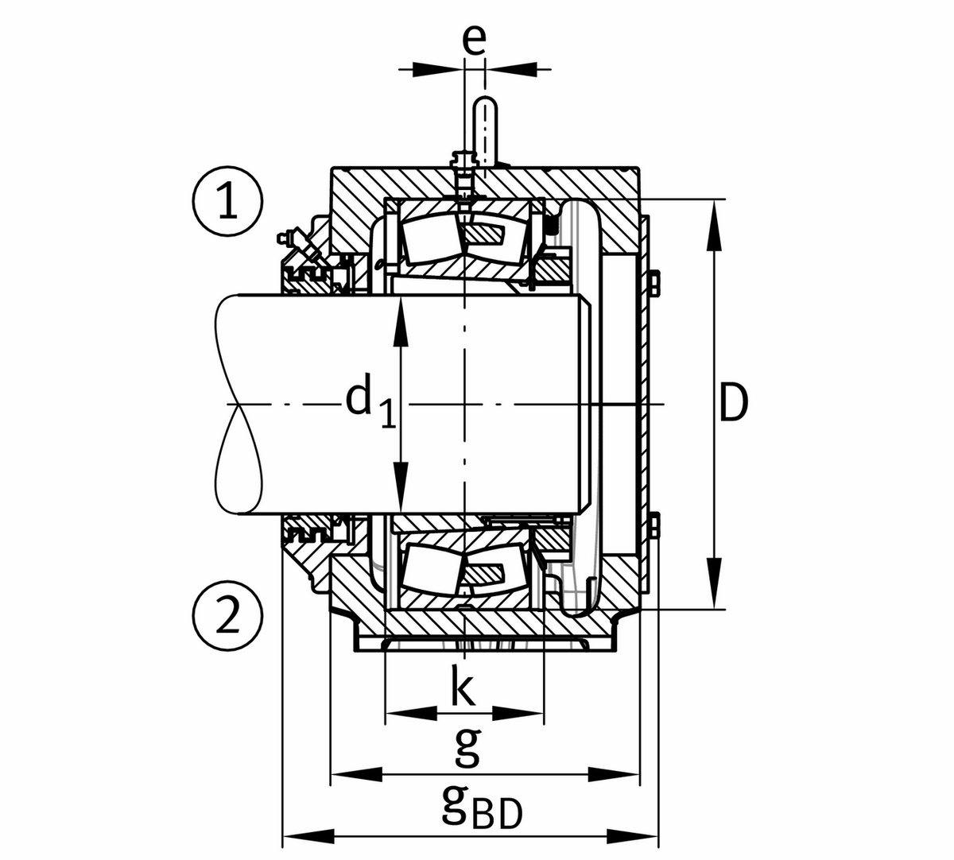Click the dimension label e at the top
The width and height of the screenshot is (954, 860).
pyautogui.click(x=475, y=40)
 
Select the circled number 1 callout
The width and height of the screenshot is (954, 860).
pyautogui.click(x=227, y=202)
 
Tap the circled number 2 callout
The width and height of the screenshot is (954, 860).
pyautogui.click(x=227, y=615)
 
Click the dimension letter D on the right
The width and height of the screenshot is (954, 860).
pyautogui.click(x=732, y=404)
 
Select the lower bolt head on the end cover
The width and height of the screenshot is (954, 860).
pyautogui.click(x=653, y=525)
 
